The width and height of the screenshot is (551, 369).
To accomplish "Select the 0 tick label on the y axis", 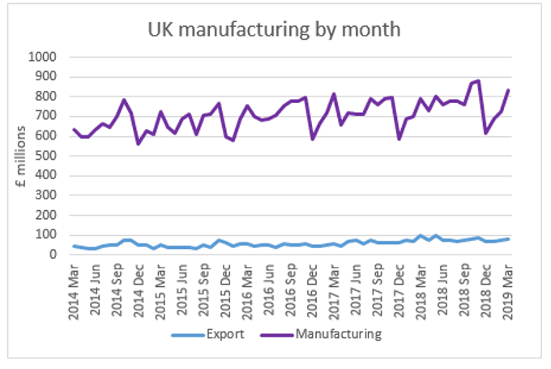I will (x=53, y=255).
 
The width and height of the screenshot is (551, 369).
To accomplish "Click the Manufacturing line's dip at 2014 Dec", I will (x=139, y=144).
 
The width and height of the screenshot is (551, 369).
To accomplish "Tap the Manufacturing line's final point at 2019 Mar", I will (x=507, y=90).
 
